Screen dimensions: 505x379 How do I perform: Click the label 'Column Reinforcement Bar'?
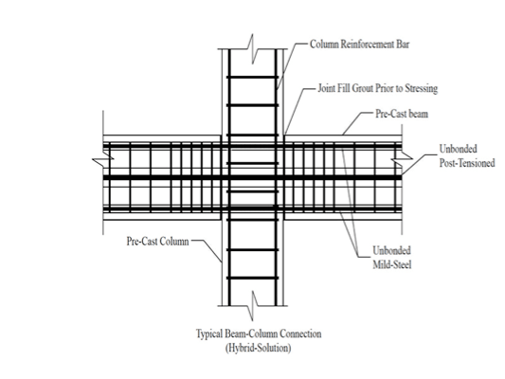[359, 45]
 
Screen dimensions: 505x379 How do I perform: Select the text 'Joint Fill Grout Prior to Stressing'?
[378, 88]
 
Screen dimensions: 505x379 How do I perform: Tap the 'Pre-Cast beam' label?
[402, 114]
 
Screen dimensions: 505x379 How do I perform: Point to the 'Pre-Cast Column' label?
[157, 242]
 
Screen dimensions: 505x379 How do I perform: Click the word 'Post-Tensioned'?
[467, 163]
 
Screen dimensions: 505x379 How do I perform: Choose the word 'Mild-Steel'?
[392, 264]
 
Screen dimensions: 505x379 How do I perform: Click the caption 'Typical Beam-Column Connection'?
[259, 334]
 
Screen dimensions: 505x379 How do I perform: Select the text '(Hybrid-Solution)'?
[259, 348]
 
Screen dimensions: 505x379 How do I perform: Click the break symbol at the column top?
[252, 49]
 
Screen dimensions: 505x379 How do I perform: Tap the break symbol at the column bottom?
[252, 306]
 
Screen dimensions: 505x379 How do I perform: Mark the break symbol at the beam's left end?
[103, 159]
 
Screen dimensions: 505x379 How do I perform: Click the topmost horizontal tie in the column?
[252, 78]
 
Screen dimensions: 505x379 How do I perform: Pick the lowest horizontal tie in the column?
[252, 278]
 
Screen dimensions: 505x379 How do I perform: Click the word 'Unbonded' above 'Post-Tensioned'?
[458, 149]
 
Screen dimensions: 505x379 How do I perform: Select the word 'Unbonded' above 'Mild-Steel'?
[391, 250]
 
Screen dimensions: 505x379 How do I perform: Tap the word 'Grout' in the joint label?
[361, 88]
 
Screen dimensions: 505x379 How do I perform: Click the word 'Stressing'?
[422, 88]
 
